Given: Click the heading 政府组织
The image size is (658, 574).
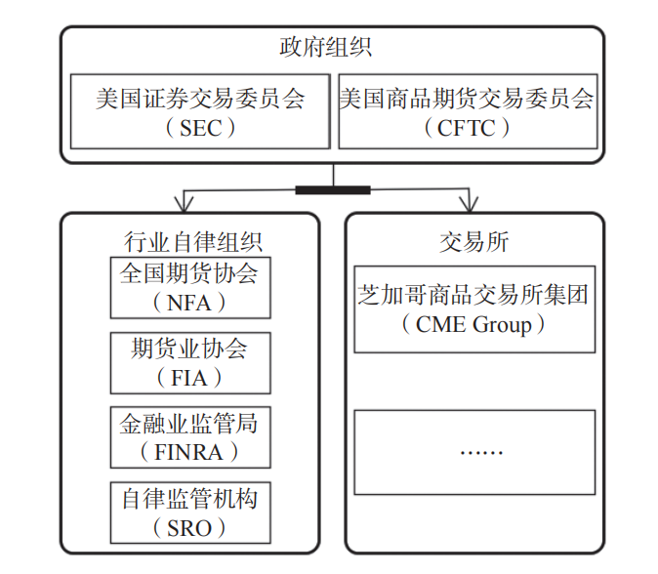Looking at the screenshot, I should [x=332, y=47].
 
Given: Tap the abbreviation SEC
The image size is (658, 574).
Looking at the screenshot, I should [x=201, y=127].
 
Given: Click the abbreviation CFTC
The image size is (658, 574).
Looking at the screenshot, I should [x=468, y=127].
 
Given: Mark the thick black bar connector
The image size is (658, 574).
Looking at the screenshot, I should [x=333, y=189].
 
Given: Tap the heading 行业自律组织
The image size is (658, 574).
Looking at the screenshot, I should [x=190, y=240].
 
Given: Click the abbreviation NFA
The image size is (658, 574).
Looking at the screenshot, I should [x=189, y=302].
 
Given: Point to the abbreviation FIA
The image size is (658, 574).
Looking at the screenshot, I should [x=189, y=377].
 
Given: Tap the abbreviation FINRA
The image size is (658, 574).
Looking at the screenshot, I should [x=189, y=452].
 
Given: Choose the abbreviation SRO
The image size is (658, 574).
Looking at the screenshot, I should [x=189, y=527].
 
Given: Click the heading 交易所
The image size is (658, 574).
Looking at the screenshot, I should [x=474, y=241].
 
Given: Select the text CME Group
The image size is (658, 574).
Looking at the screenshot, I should [x=473, y=323].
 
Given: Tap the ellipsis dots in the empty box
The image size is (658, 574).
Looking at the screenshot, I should [x=474, y=452].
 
